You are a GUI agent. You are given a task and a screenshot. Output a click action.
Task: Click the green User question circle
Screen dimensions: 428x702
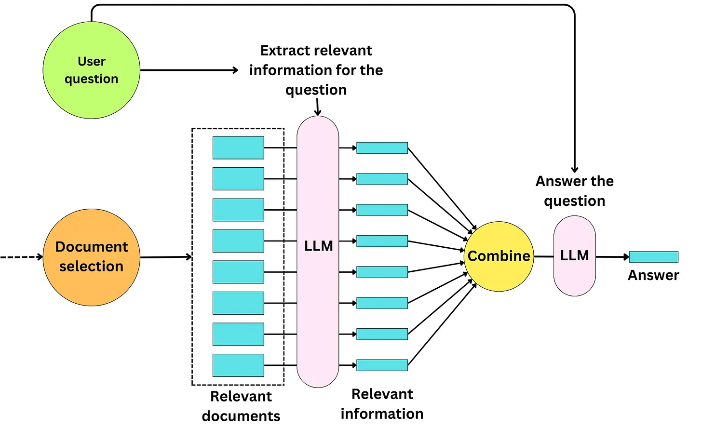click(x=92, y=70)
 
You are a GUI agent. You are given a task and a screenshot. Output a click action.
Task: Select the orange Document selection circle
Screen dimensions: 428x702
click(x=92, y=257)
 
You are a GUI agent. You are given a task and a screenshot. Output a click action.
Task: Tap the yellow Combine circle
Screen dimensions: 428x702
click(x=499, y=256)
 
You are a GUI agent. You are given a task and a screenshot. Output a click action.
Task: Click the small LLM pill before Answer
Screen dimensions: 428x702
click(x=574, y=256)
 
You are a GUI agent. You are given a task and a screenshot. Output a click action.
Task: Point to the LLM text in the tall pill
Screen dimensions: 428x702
click(x=319, y=246)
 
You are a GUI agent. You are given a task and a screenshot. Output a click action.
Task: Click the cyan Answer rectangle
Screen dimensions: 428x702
click(x=653, y=257)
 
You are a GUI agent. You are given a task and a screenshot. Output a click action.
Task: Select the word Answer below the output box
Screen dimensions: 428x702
click(x=653, y=275)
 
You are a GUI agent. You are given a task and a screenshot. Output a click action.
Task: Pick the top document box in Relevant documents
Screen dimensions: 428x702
click(x=238, y=147)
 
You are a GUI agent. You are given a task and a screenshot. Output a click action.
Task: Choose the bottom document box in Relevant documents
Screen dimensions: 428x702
click(x=238, y=365)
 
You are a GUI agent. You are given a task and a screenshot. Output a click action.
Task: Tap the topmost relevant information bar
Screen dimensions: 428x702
click(x=382, y=148)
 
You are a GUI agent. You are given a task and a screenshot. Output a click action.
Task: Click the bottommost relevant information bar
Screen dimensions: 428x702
click(x=382, y=365)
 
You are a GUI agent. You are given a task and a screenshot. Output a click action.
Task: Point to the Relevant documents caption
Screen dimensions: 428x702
click(x=241, y=406)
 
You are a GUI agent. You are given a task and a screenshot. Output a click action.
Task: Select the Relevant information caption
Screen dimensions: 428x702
click(x=382, y=404)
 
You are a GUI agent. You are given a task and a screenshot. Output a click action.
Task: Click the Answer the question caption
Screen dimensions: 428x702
click(x=574, y=191)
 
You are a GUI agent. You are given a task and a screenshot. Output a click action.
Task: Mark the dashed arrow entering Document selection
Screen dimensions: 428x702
click(x=22, y=257)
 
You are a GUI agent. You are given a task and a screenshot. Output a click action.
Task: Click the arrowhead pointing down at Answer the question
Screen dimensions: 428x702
click(x=575, y=169)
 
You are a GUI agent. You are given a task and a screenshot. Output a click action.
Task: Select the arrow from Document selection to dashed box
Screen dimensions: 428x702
click(x=166, y=257)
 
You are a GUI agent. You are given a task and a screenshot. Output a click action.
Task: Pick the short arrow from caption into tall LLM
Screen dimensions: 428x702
click(x=318, y=107)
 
